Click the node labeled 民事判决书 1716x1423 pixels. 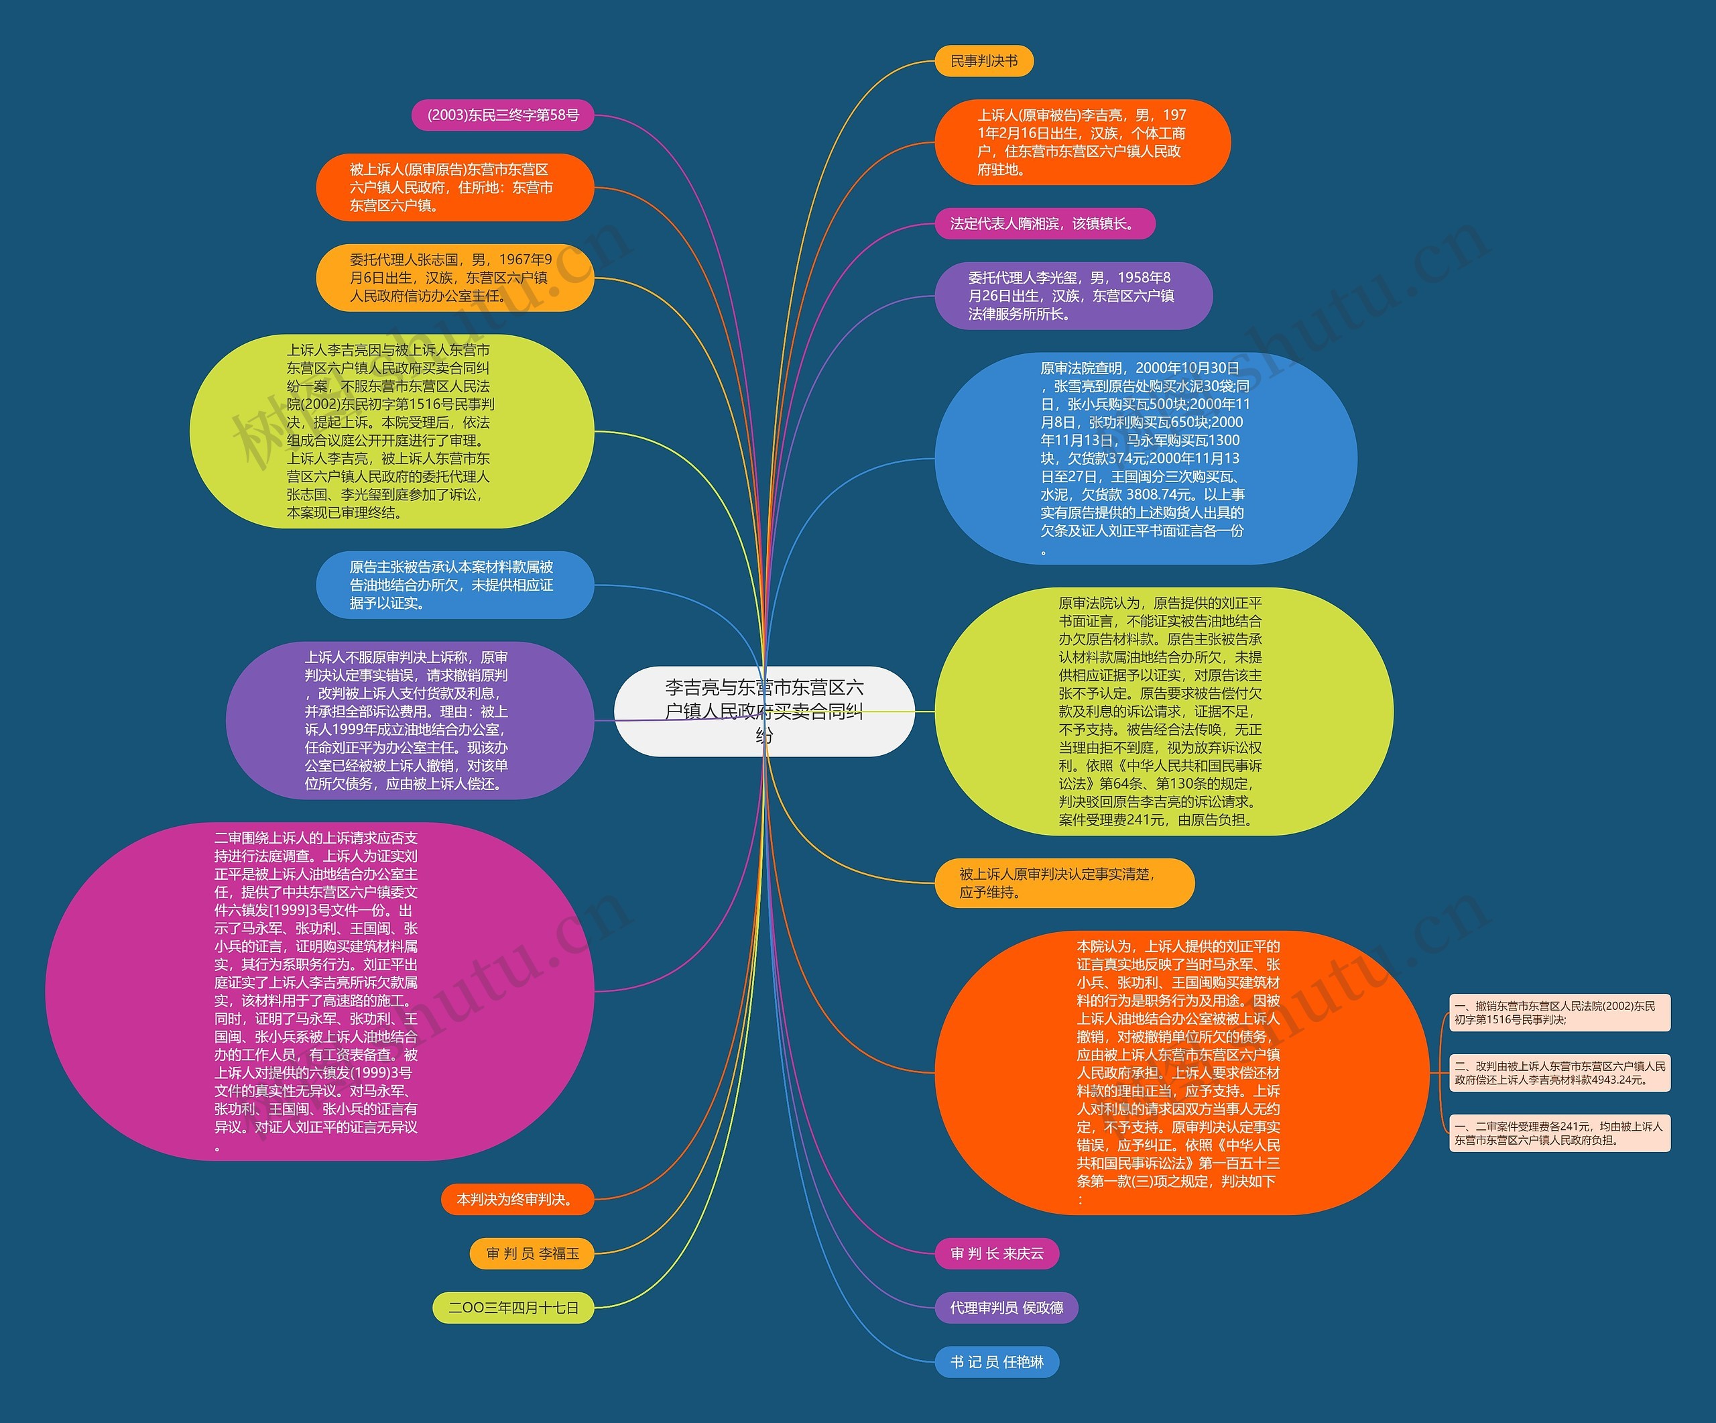tap(983, 61)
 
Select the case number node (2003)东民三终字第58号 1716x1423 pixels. tap(503, 115)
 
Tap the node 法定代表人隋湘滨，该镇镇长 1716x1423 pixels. tap(1044, 223)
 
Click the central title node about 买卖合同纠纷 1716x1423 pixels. tap(763, 711)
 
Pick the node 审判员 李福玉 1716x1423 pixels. tap(532, 1253)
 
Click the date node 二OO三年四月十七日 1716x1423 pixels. tap(513, 1307)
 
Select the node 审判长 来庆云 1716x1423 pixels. tap(997, 1253)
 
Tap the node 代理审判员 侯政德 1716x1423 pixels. tap(1006, 1307)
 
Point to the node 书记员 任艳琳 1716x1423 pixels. tap(997, 1362)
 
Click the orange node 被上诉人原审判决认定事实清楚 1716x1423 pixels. tap(1064, 883)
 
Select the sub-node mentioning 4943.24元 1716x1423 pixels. tap(1559, 1072)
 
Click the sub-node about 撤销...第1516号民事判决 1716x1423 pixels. tap(1559, 1013)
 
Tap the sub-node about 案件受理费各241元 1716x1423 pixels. tap(1559, 1133)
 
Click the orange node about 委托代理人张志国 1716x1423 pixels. tap(454, 278)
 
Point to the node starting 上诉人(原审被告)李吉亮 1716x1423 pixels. tap(1082, 142)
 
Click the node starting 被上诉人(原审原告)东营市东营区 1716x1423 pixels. tap(454, 187)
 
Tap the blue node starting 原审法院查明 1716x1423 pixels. tap(1145, 459)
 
